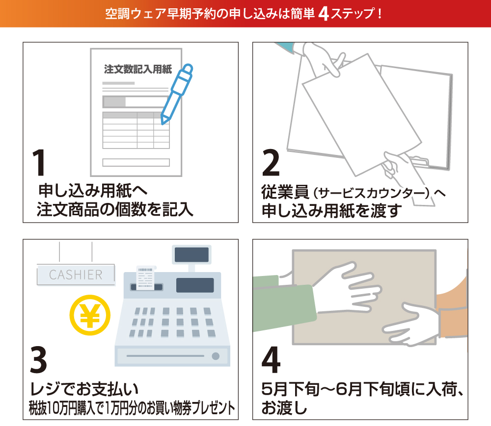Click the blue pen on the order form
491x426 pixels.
pyautogui.click(x=177, y=94)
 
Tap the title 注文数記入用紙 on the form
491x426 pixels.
pyautogui.click(x=138, y=69)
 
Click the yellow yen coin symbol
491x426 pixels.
pyautogui.click(x=90, y=315)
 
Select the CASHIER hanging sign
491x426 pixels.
pyautogui.click(x=76, y=275)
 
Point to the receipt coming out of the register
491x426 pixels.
pyautogui.click(x=145, y=277)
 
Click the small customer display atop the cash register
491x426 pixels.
pyautogui.click(x=191, y=255)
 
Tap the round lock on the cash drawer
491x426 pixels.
pyautogui.click(x=216, y=356)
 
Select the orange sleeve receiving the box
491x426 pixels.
pyautogui.click(x=453, y=313)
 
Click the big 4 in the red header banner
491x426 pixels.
pyautogui.click(x=324, y=14)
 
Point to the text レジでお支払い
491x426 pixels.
pyautogui.click(x=84, y=389)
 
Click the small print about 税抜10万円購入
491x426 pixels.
pyautogui.click(x=132, y=408)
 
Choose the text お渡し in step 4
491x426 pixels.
pyautogui.click(x=284, y=407)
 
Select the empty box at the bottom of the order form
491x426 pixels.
pyautogui.click(x=136, y=162)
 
